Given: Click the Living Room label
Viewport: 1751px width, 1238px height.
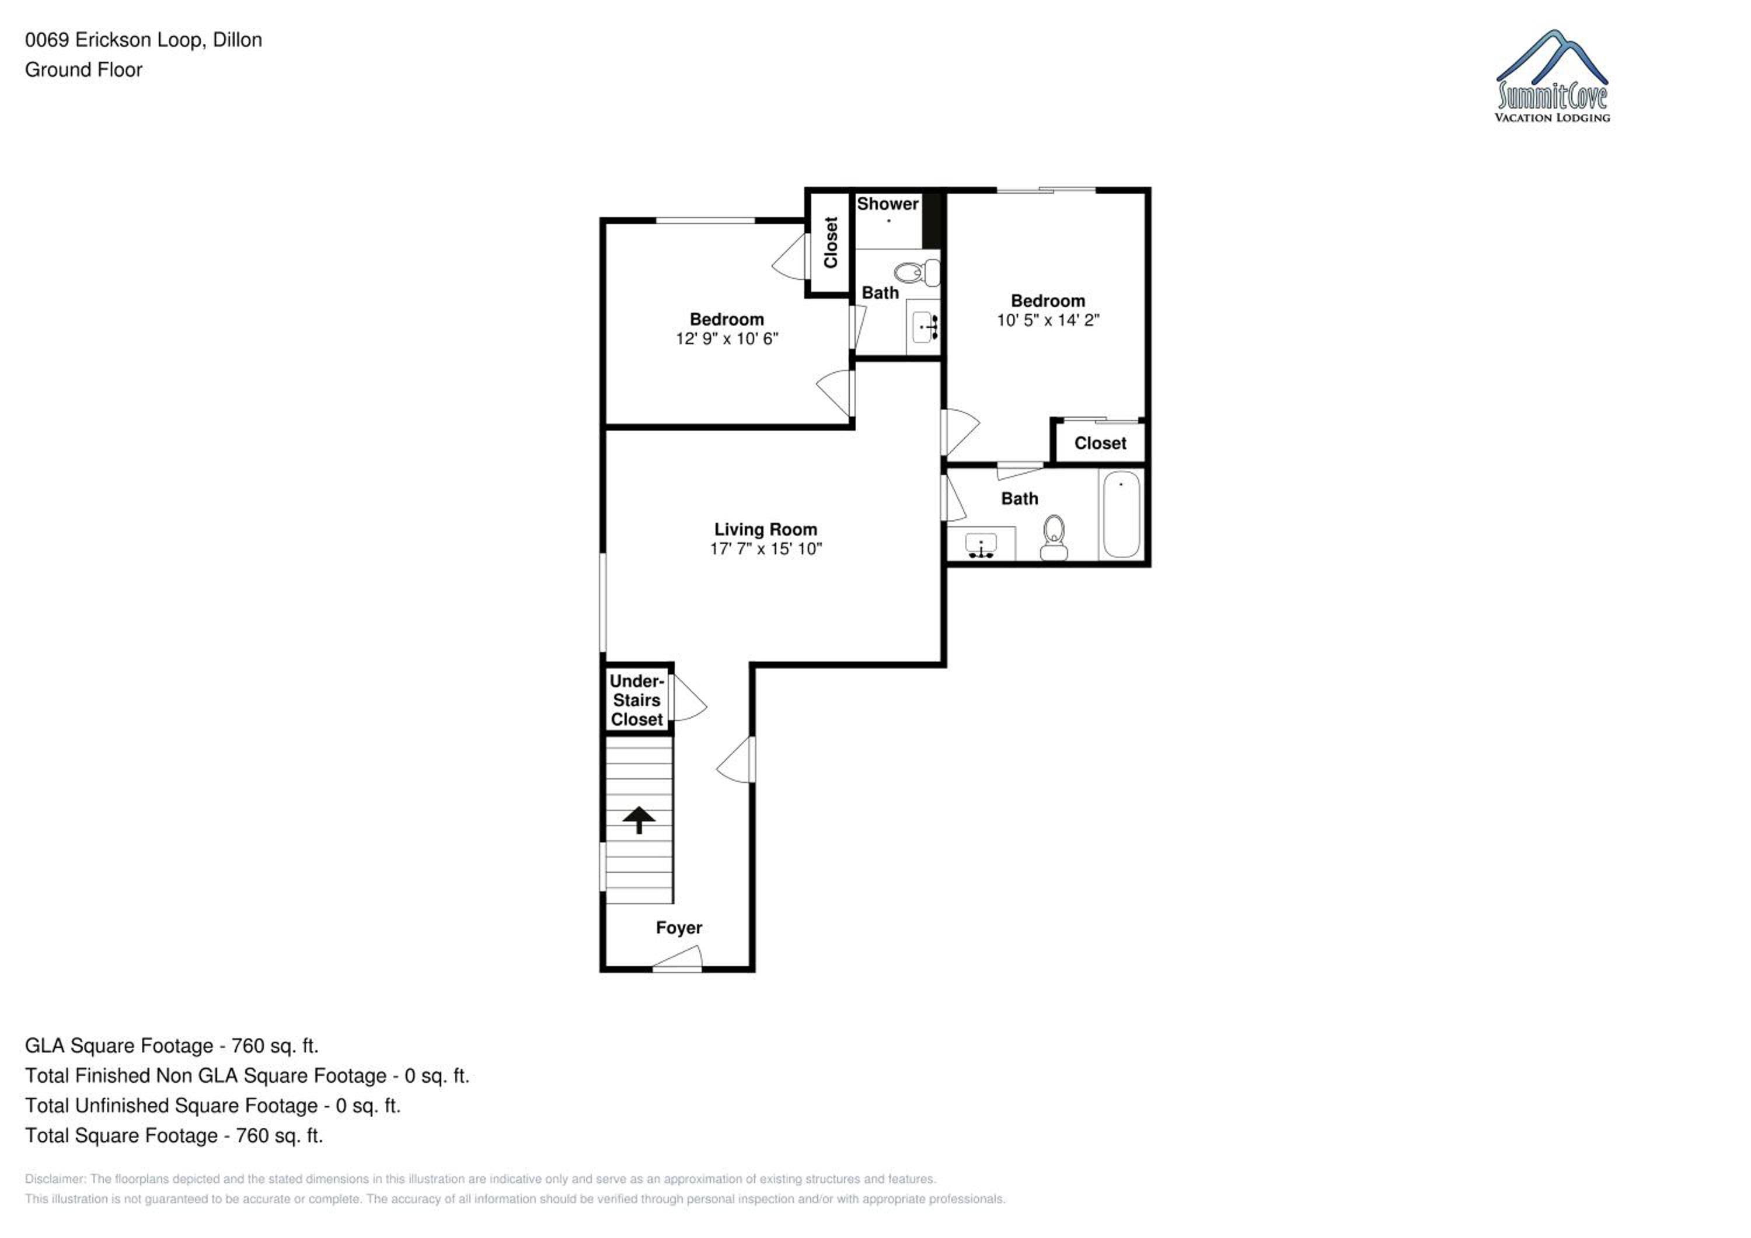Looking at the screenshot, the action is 766,529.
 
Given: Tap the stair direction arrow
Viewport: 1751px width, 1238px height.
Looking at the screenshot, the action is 639,820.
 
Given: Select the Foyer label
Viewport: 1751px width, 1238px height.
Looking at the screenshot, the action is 679,928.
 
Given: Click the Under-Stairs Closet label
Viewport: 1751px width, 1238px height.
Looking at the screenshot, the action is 637,700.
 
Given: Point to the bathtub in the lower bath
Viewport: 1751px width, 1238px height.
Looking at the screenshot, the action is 1121,515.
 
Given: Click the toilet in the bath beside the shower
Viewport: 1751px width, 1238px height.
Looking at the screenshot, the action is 917,272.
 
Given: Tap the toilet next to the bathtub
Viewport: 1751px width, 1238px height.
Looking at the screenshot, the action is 1054,538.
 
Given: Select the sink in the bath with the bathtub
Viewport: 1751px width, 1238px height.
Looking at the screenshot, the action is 981,546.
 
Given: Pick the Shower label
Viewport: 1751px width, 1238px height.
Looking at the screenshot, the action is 888,204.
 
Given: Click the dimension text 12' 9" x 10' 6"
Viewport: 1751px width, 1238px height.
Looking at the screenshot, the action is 727,338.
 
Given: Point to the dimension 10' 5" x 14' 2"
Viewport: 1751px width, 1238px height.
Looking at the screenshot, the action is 1048,320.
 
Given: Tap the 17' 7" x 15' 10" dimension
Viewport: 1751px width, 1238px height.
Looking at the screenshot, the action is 766,549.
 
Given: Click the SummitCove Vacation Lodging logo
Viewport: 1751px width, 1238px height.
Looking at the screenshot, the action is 1553,76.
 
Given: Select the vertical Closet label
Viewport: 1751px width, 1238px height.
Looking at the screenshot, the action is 831,243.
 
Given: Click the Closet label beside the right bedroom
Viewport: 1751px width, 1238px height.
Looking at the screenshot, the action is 1100,443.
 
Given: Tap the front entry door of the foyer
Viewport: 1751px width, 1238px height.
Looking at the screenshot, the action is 677,959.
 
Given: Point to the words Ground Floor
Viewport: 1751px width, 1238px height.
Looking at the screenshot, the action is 84,70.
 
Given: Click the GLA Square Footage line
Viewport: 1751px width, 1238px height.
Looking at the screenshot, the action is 172,1046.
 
